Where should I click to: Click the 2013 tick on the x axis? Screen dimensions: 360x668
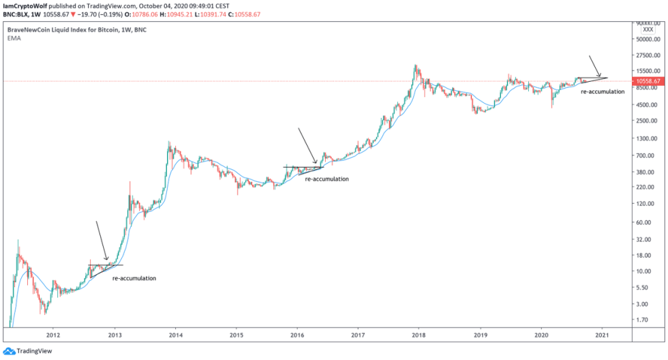point(115,335)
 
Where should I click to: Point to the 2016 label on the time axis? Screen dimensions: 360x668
point(297,335)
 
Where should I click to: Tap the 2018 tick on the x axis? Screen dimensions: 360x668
point(419,335)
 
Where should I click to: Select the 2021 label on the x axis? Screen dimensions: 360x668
point(602,335)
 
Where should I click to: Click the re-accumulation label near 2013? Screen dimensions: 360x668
point(134,278)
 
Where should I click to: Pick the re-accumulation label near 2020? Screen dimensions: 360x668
point(603,91)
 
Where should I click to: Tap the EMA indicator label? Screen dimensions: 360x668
point(14,40)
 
